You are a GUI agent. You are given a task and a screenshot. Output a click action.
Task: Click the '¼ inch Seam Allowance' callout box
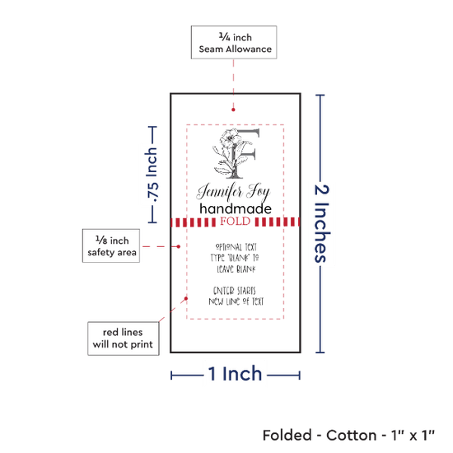234,43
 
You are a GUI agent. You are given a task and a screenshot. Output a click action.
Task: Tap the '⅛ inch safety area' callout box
111,246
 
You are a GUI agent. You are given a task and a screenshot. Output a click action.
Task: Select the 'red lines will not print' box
124,339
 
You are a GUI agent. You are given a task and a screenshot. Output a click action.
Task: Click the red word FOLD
236,222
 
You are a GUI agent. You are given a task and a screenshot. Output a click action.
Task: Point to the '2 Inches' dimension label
321,223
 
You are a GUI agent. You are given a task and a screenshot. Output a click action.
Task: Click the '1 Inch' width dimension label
235,374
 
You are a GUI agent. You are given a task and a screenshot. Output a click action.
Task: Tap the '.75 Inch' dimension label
152,175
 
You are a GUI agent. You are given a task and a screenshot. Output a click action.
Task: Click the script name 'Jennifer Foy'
233,192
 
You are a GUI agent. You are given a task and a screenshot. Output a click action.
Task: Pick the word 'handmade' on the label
236,208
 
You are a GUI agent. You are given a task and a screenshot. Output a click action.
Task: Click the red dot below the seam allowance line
233,110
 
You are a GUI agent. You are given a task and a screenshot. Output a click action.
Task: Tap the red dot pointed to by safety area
179,246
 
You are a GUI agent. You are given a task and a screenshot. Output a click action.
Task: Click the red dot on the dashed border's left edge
186,298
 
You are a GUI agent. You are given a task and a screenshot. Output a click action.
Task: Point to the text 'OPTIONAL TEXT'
236,247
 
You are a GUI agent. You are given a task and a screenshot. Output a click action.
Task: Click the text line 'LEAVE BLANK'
236,269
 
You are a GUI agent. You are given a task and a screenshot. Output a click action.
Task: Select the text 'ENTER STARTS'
234,291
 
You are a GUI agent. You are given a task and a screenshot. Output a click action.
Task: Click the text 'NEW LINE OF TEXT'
236,301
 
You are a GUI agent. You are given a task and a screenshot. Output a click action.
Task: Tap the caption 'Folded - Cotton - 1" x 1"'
348,435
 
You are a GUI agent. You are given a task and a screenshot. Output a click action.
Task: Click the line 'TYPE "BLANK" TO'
235,258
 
